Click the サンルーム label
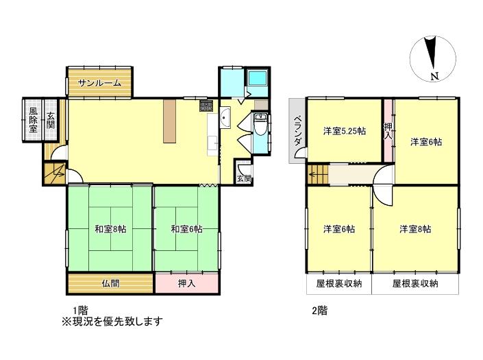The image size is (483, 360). coord(99,82)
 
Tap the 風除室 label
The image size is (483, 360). coord(33,119)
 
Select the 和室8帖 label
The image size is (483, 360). coord(110,229)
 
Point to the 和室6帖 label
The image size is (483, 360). coord(186,229)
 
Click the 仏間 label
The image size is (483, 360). coord(110,283)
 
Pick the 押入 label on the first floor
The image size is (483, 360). coord(186,283)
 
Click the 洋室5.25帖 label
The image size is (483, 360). coord(345,131)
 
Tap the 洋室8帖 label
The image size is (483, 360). coord(415,229)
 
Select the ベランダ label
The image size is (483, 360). coord(297,131)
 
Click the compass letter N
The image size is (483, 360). coord(434,76)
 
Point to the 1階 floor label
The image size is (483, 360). coord(80,310)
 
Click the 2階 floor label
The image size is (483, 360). coord(320,310)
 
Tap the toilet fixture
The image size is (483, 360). coord(261,125)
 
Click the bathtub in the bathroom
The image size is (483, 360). coord(258,78)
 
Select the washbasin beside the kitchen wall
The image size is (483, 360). coord(225,117)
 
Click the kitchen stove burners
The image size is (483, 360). coord(206,106)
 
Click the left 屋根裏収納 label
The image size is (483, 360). coord(339,283)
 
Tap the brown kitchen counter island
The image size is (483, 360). coord(169,121)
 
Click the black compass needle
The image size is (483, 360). coord(431,52)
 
